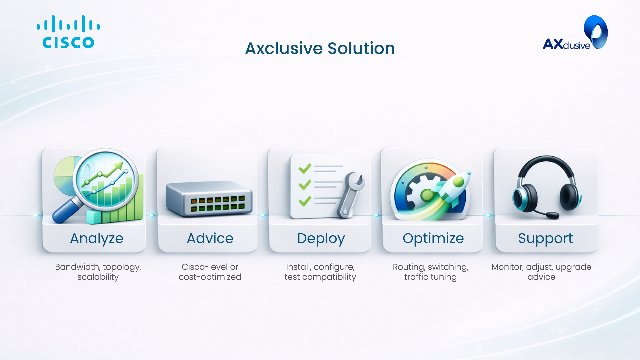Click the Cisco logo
(x=68, y=32)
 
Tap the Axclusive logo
(x=575, y=33)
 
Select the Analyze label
(x=97, y=239)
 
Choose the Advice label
(x=210, y=238)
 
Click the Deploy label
(x=321, y=239)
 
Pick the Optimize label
(x=433, y=239)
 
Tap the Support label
(x=545, y=239)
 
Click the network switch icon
(x=209, y=199)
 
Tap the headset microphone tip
(x=553, y=216)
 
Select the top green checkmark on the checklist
(x=305, y=169)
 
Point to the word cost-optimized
(x=210, y=277)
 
